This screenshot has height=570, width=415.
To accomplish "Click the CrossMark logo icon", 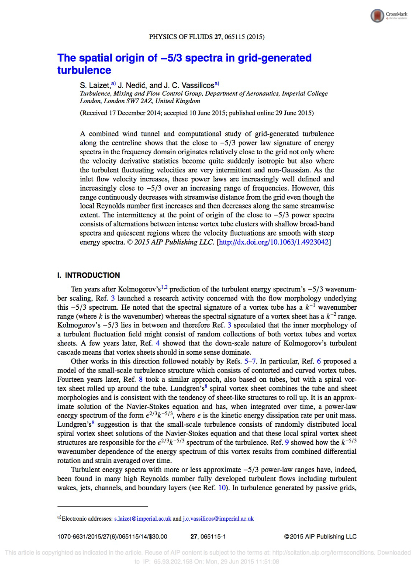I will pos(377,16).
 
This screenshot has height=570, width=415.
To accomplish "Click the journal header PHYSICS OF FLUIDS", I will pos(181,37).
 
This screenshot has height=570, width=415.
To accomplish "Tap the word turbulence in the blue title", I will pos(84,70).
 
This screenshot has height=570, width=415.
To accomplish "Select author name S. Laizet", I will pos(95,85).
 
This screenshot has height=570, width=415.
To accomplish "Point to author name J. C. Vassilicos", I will pos(189,85).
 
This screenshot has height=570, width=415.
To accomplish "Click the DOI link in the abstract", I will pos(274,242).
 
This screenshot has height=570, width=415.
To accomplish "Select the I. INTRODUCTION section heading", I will pos(88,275).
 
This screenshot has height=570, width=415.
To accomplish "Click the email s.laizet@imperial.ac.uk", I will pos(143,519).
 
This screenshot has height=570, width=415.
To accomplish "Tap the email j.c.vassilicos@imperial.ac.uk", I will pos(218,519).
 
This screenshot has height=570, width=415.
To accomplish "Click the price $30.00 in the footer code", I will pos(158,537).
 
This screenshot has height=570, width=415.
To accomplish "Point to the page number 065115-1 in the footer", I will pos(213,537).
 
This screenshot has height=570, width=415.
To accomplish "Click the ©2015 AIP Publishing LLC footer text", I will pos(320,537).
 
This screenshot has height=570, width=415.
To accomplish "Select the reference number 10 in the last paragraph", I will pos(222,488).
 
